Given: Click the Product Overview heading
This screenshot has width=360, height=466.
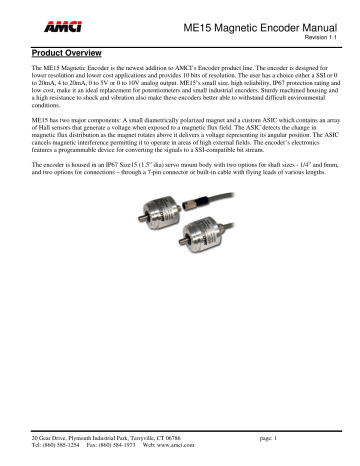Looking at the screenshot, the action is [67, 47].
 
